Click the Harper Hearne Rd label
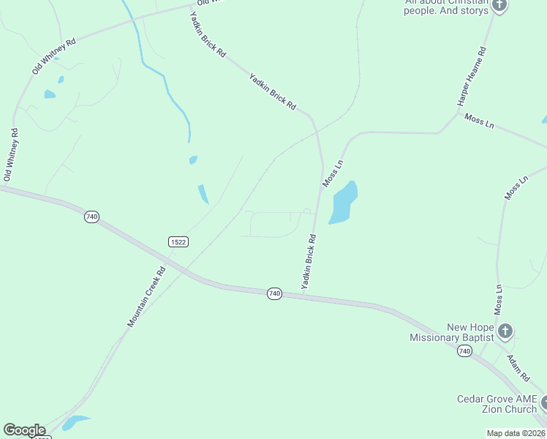[x=472, y=77]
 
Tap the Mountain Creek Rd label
[x=147, y=296]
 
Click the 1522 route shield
[x=178, y=241]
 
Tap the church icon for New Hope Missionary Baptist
[x=505, y=332]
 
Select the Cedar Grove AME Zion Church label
[x=497, y=403]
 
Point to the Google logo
[x=24, y=430]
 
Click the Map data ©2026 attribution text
[x=516, y=433]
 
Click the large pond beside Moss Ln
[x=343, y=202]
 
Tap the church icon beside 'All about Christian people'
[x=499, y=6]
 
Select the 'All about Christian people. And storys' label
[x=445, y=7]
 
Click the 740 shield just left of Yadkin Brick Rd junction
[x=274, y=293]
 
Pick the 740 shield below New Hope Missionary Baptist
[x=464, y=352]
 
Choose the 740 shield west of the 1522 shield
[x=91, y=217]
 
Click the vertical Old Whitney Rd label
[x=11, y=155]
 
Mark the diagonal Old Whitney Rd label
[x=53, y=57]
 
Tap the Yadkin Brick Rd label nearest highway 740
[x=309, y=260]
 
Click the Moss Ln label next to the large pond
[x=333, y=172]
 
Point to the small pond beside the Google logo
[x=75, y=422]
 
